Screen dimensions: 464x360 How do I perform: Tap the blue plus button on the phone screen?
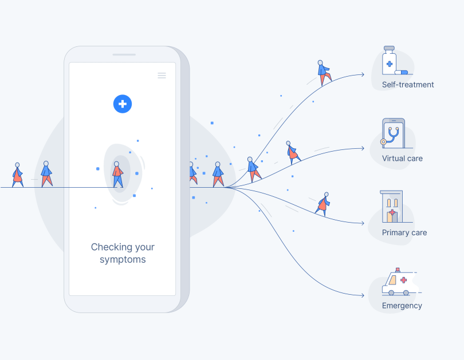pos(123,104)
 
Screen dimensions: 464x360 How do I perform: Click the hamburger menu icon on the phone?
pos(162,76)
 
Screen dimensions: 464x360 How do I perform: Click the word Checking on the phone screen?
pos(110,247)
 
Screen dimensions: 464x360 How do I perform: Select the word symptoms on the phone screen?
pos(123,260)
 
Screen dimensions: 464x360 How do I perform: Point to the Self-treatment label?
pos(408,85)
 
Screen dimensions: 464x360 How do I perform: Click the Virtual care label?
pos(402,159)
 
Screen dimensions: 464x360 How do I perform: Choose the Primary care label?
pos(404,232)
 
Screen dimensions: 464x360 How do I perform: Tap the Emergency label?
pos(402,306)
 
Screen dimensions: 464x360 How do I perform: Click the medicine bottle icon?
pos(389,60)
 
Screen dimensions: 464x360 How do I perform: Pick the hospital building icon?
pos(391,206)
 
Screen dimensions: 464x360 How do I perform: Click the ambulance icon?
pos(400,282)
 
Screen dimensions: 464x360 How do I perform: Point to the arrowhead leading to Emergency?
pos(362,295)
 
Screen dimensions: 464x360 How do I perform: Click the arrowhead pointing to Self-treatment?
pos(362,75)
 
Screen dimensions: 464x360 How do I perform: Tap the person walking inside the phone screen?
pos(118,175)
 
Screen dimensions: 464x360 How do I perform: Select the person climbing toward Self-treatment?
pos(324,73)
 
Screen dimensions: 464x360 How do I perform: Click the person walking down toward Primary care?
pos(323,204)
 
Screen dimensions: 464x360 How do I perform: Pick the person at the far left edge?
pos(17,175)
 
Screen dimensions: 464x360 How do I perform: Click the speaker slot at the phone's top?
pos(124,55)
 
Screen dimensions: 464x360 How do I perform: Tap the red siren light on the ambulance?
pos(398,270)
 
